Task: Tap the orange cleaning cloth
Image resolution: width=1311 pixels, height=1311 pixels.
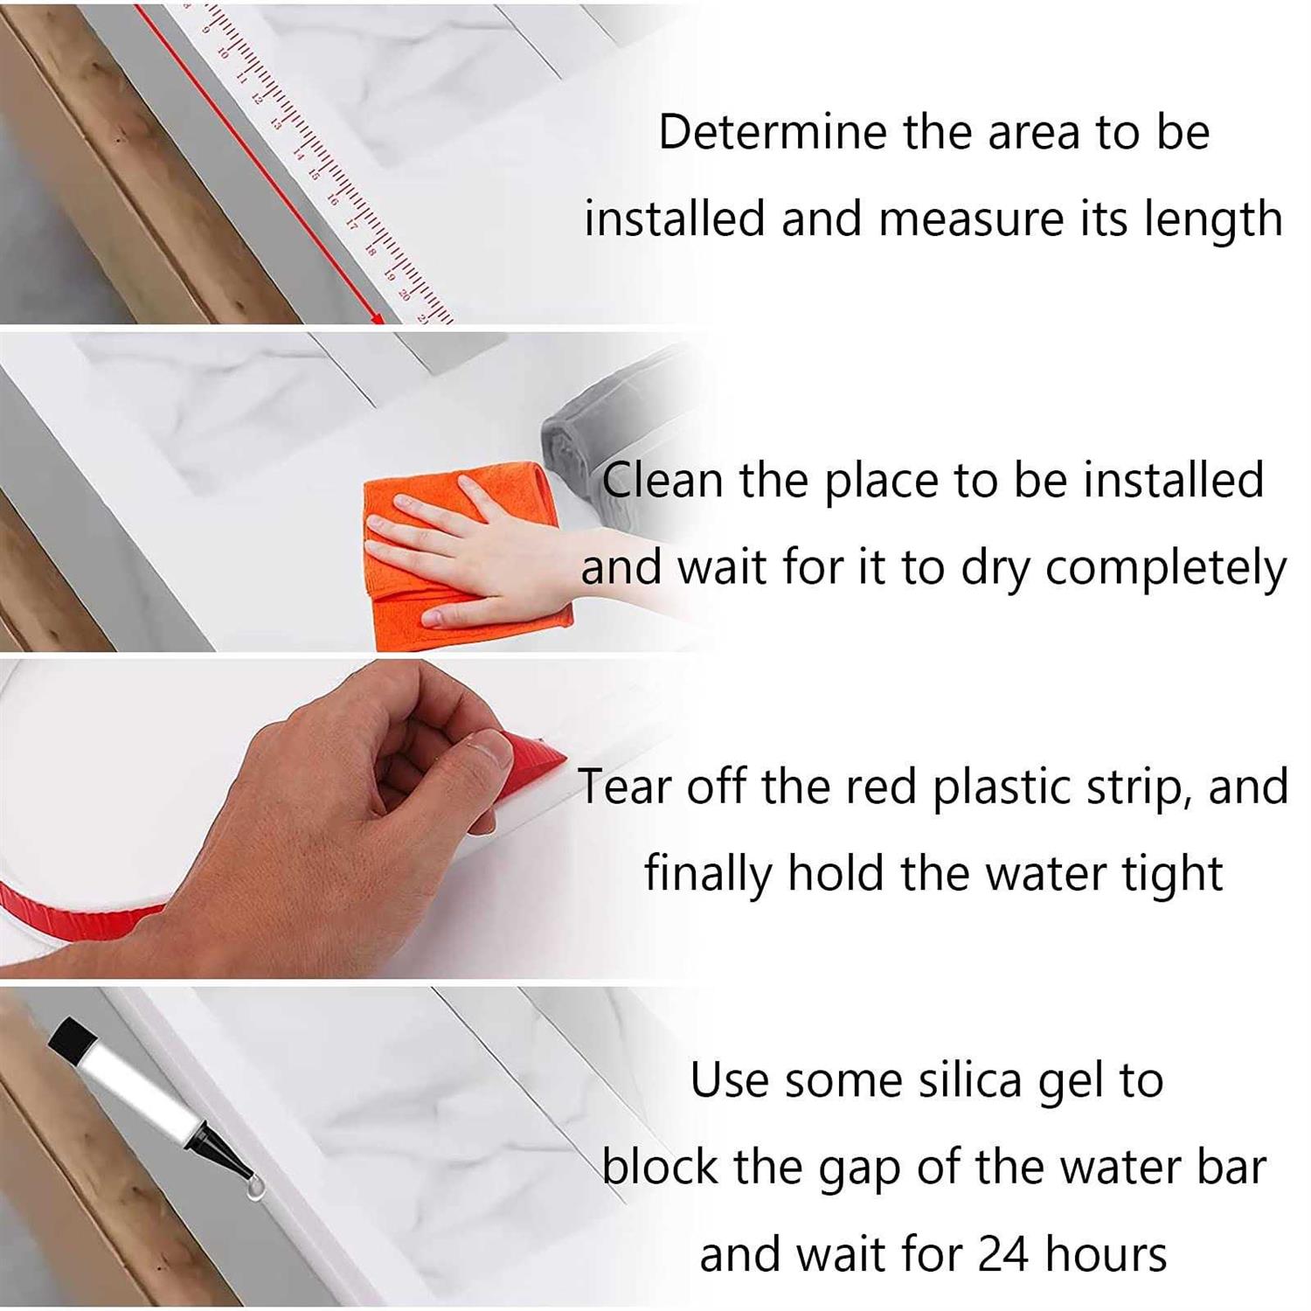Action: (463, 559)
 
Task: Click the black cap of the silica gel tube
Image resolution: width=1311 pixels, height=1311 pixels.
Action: (73, 1039)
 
